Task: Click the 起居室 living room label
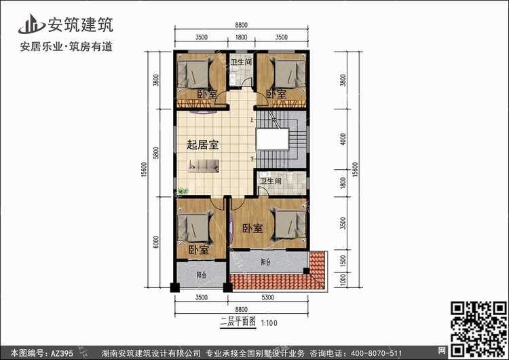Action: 202,145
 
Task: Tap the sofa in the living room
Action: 204,166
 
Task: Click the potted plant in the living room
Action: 183,192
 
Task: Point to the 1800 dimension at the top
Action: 241,37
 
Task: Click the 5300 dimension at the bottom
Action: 267,297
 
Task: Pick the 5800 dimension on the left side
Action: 157,153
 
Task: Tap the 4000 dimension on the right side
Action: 343,139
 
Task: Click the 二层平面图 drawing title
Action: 238,322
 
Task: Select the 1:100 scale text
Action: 269,323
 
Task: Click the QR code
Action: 478,329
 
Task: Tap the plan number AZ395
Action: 62,353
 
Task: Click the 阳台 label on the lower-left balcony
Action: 202,275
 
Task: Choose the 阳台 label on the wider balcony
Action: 265,262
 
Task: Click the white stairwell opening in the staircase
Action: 272,139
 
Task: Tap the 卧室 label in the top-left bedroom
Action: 207,94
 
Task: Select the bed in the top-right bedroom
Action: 288,73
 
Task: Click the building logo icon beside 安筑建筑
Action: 31,24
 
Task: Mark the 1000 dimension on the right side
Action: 343,280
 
